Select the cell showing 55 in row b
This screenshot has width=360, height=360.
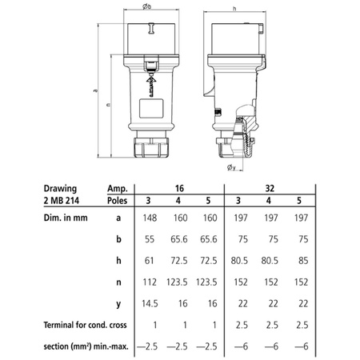[150, 239]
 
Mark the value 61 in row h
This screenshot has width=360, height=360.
[150, 260]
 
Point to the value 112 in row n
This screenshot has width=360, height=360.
[150, 282]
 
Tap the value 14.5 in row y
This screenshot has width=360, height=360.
[150, 303]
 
